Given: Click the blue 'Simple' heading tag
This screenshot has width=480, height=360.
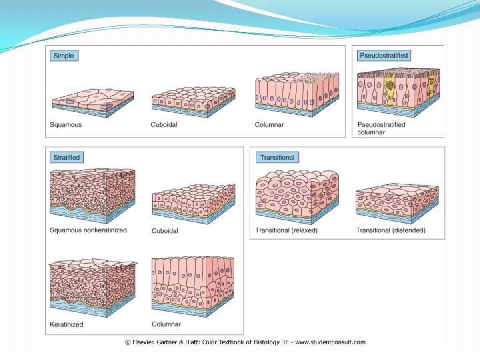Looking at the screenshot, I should tap(64, 56).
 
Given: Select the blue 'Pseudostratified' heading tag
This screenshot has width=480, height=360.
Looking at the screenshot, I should tap(384, 55).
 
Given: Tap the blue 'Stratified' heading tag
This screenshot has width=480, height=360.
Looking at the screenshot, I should tap(67, 157).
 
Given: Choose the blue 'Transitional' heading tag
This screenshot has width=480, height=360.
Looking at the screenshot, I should tap(277, 157).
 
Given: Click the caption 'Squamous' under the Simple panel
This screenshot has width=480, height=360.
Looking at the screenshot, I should tap(66, 125).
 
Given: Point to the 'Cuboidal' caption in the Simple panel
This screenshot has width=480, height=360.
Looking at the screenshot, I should tap(164, 125).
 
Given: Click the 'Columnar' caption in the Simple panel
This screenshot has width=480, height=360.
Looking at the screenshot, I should tap(269, 125).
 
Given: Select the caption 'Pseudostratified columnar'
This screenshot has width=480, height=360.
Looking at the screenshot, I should tap(381, 128).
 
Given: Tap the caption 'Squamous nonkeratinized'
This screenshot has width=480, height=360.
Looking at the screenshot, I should tap(88, 230).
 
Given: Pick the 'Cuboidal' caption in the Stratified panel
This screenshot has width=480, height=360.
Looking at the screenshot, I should tap(165, 231).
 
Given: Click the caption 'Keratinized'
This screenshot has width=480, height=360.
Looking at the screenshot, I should tap(67, 325).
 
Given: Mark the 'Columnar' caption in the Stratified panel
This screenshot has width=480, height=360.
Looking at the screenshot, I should tap(166, 325).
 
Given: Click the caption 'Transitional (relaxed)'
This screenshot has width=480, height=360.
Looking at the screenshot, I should tap(287, 231).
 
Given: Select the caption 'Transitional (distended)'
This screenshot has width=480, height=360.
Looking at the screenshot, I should tap(391, 231).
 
